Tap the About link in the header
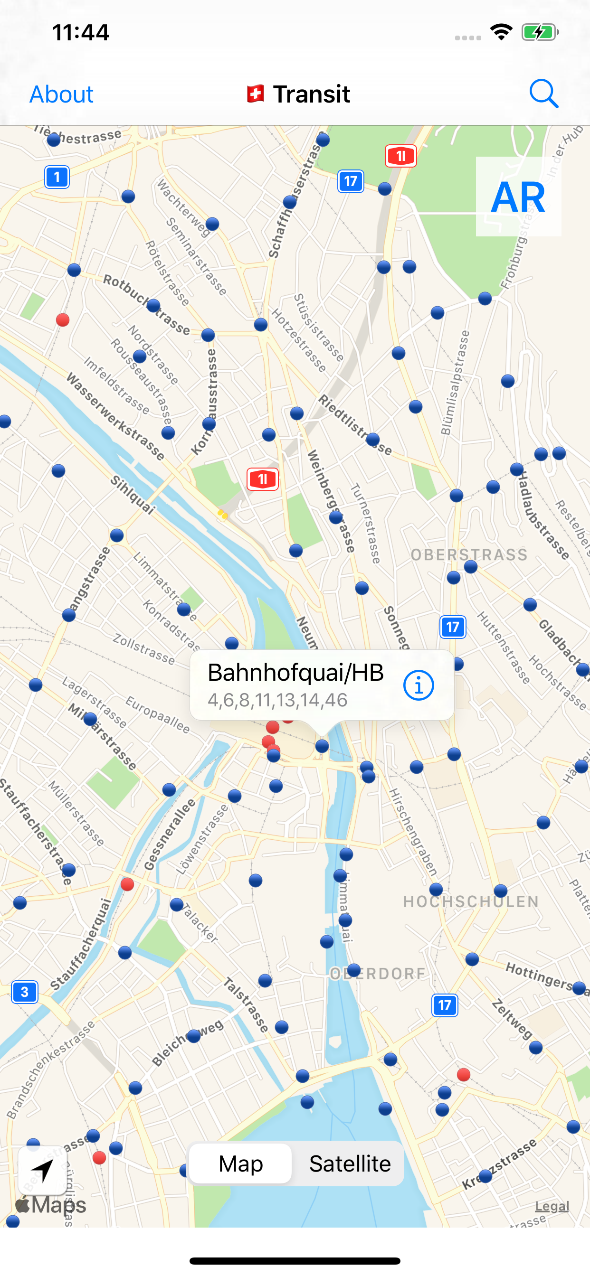coord(61,94)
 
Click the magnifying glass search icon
coord(543,94)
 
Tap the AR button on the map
coord(518,197)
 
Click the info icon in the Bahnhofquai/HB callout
coord(419,685)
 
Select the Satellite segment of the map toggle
coord(350,1163)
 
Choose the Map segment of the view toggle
coord(241,1163)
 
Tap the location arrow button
coord(43,1171)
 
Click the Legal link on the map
coord(552,1206)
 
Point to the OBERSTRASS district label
coord(469,555)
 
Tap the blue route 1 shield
coord(57,177)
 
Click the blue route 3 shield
coord(25,992)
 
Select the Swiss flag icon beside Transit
coord(256,94)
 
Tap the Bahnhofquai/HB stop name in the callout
coord(295,672)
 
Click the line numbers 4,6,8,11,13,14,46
coord(277,700)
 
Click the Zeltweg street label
coord(512,1019)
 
